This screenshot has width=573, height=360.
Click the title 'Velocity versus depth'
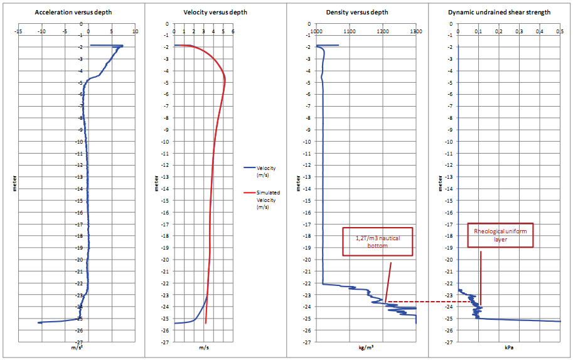click(215, 13)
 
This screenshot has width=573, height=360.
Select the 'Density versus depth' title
click(357, 13)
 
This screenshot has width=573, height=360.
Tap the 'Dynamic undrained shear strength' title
click(500, 13)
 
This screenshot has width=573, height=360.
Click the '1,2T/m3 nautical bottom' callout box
click(377, 241)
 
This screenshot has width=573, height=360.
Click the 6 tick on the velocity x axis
click(233, 31)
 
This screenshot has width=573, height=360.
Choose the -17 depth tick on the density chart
click(308, 225)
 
